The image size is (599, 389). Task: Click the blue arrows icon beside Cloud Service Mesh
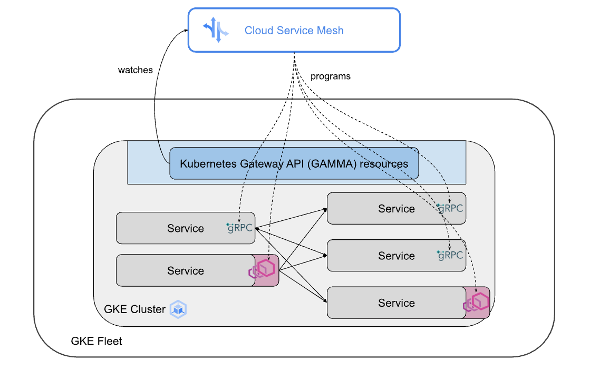(x=216, y=30)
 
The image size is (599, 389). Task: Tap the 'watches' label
(x=135, y=70)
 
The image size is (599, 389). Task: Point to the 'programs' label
(x=330, y=76)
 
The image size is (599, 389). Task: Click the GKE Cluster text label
(x=135, y=309)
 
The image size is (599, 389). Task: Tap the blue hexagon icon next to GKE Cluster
(x=179, y=309)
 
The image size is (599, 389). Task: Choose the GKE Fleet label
(x=96, y=342)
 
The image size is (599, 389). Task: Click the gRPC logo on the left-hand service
(x=240, y=228)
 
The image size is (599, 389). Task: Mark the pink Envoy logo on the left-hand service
(x=263, y=269)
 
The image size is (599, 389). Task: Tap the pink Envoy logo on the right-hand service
(x=477, y=303)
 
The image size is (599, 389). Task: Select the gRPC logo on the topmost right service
(x=450, y=208)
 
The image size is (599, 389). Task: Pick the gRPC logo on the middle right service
(x=450, y=255)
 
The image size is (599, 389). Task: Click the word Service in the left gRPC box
(x=186, y=229)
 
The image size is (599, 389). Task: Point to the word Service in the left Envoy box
(x=186, y=271)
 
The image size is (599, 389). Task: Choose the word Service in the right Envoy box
(x=397, y=303)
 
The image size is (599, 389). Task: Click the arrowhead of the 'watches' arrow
(x=186, y=31)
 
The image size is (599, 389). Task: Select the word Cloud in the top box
(x=258, y=31)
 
